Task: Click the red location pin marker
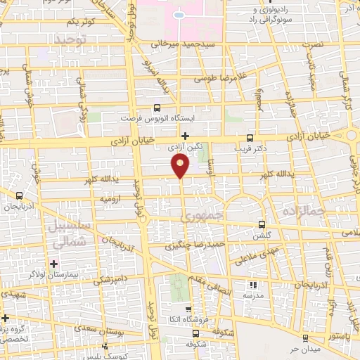pos(181,165)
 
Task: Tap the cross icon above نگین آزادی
pos(186,136)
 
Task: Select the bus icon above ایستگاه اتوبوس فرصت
pos(156,108)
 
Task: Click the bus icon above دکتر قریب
pos(251,138)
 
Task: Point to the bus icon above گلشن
pos(262,224)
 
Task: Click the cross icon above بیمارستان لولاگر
pos(54,263)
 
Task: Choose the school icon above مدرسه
pos(253,285)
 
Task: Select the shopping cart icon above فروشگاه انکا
pos(188,309)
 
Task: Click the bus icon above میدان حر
pos(304,337)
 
